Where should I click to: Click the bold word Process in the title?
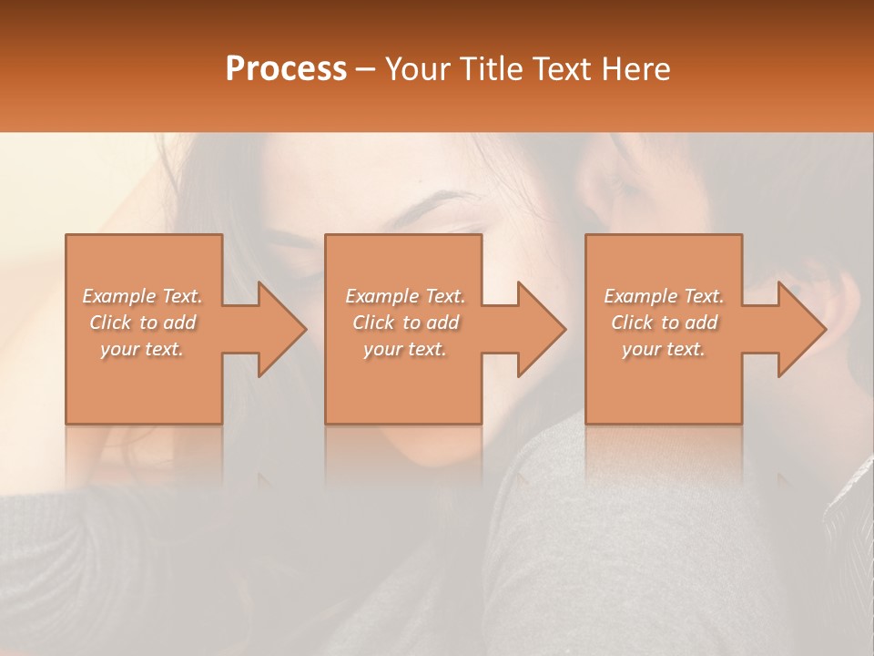tap(286, 69)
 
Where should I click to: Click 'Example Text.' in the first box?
tap(143, 296)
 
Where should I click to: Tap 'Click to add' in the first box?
tap(143, 323)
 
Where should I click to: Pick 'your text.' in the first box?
tap(143, 349)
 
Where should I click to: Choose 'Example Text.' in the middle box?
tap(405, 296)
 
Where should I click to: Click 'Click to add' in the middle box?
tap(405, 323)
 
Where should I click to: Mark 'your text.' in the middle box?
tap(405, 349)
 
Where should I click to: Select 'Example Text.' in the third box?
tap(664, 296)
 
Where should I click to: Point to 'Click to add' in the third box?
tap(664, 323)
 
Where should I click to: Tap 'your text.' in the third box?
tap(664, 349)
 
